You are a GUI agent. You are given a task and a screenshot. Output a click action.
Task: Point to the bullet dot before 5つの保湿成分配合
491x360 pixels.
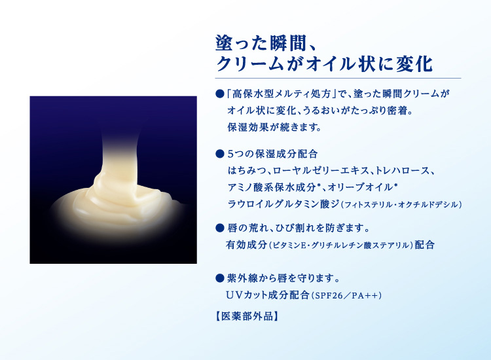(219, 155)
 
